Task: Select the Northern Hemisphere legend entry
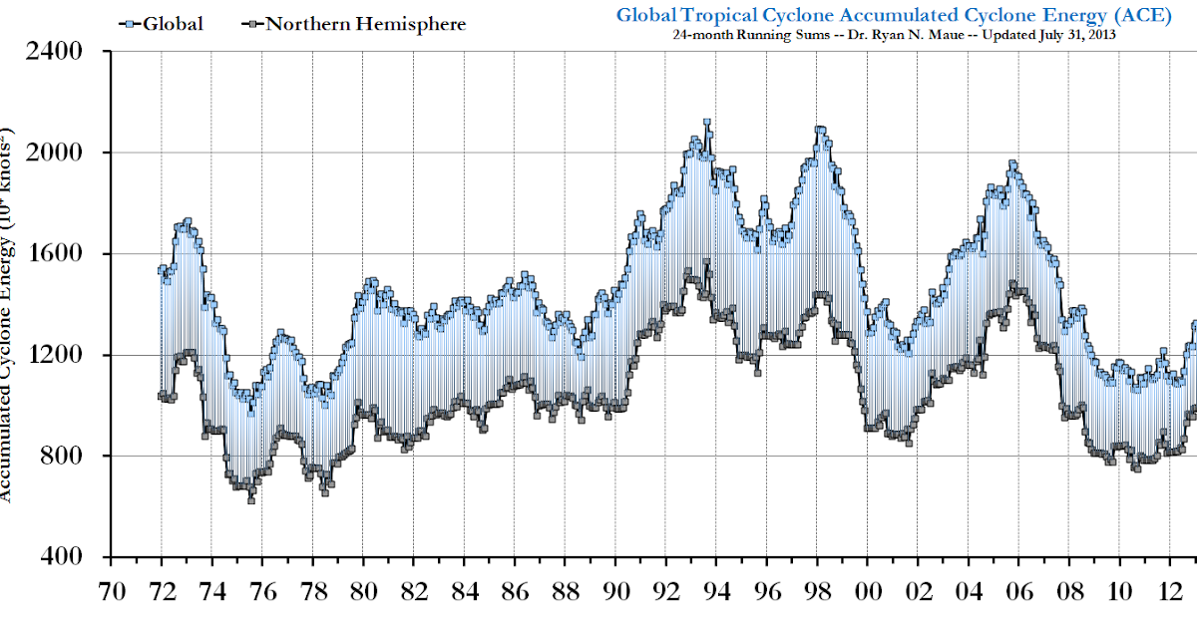click(354, 23)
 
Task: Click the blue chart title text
click(894, 14)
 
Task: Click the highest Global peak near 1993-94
click(706, 123)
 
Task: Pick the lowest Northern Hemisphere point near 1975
click(251, 499)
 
